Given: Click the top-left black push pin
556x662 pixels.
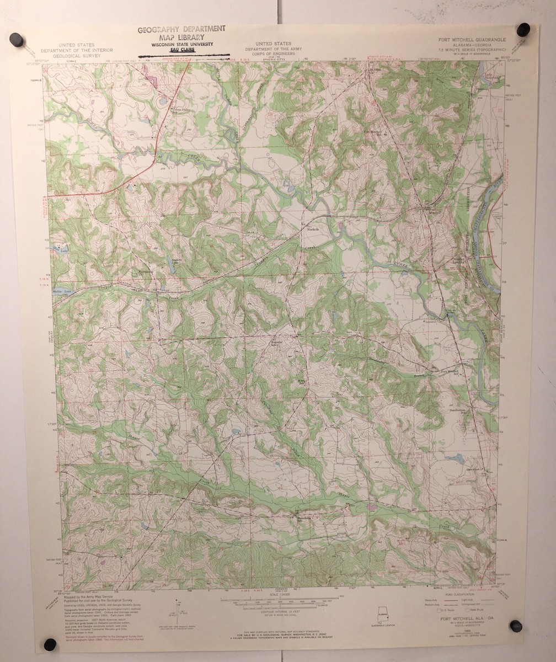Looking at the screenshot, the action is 17,40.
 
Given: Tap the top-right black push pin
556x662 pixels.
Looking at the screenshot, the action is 523,30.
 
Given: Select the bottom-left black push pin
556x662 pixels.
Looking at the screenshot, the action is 50,644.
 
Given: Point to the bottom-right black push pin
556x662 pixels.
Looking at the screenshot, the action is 516,626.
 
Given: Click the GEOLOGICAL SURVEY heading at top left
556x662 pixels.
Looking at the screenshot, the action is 88,55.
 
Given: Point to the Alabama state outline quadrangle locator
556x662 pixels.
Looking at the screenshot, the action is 382,614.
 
